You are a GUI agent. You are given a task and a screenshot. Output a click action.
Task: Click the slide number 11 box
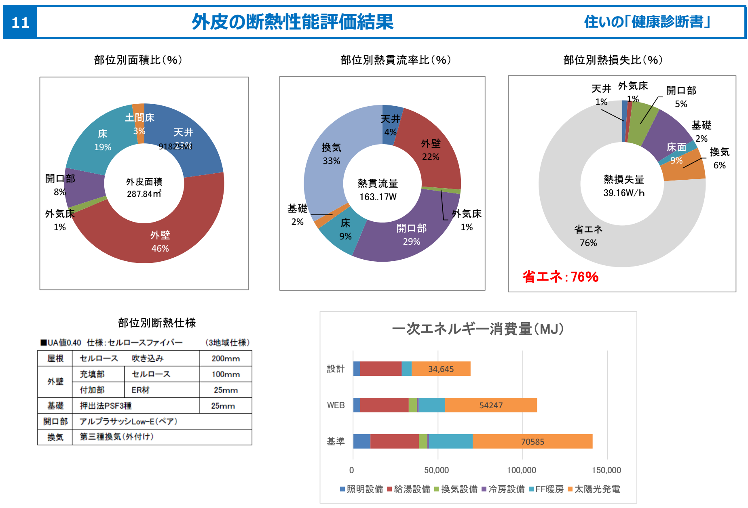click(20, 23)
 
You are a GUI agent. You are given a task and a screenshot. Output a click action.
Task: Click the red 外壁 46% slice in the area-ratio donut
click(160, 241)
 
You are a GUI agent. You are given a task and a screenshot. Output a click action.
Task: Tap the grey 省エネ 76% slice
click(588, 236)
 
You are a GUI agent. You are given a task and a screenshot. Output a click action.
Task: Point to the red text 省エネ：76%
click(560, 277)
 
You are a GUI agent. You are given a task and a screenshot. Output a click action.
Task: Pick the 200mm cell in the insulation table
click(225, 359)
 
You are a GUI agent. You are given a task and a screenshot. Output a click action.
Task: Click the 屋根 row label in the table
click(55, 359)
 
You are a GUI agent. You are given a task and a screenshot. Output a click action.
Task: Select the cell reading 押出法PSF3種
click(106, 406)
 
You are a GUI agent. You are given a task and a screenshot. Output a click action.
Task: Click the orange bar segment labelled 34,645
click(441, 369)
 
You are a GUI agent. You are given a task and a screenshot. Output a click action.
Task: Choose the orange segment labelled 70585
click(532, 442)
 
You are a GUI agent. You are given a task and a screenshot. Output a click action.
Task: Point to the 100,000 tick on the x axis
click(522, 470)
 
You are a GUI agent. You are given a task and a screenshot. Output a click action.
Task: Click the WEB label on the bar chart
click(336, 405)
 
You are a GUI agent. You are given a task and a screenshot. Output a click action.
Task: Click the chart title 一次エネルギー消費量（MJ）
click(478, 329)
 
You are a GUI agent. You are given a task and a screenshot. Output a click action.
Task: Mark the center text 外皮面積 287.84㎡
click(144, 188)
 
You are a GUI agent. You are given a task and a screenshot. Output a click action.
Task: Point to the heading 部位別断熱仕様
click(157, 323)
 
